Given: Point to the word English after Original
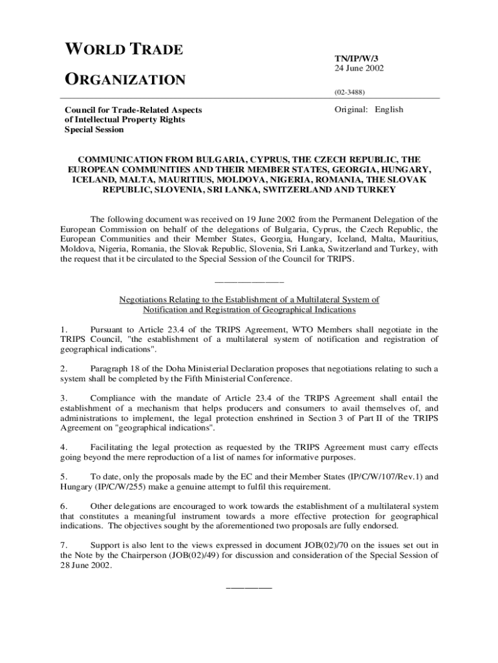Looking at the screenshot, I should click(x=389, y=109).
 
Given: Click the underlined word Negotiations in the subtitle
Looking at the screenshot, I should click(x=144, y=300).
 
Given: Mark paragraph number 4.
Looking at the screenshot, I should click(x=63, y=447).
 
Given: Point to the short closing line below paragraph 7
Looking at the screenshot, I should click(x=249, y=587).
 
